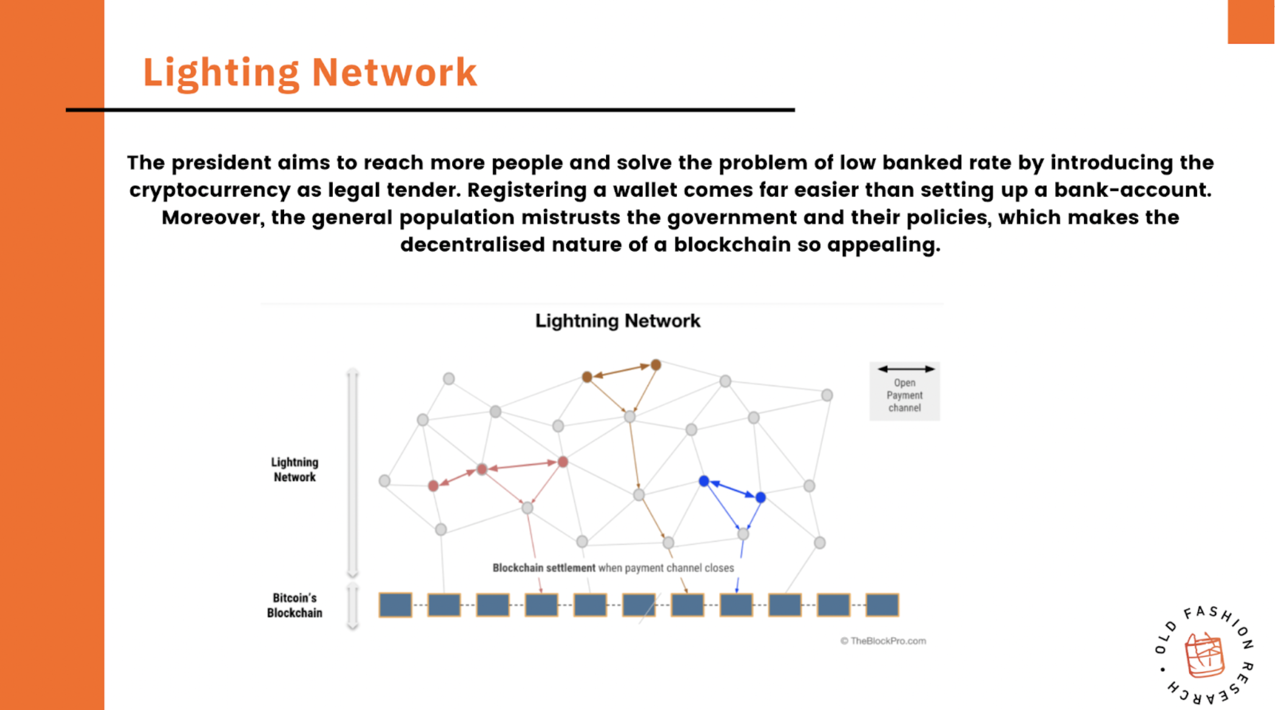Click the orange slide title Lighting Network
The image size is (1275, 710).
point(310,73)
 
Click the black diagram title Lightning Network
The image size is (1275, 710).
point(617,321)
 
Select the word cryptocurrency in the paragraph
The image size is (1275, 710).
point(209,190)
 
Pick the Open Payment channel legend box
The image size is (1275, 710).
point(905,391)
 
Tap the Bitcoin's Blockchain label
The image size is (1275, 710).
point(294,605)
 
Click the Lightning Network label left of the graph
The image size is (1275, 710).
point(294,470)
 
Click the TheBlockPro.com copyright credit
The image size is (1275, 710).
point(883,641)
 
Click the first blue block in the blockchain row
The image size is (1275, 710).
point(395,605)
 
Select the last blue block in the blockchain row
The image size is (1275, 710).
point(882,605)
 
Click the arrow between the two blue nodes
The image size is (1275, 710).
point(732,489)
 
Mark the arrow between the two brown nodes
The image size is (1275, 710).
point(621,371)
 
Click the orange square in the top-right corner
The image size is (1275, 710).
point(1251,22)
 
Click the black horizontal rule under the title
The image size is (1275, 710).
point(430,110)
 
